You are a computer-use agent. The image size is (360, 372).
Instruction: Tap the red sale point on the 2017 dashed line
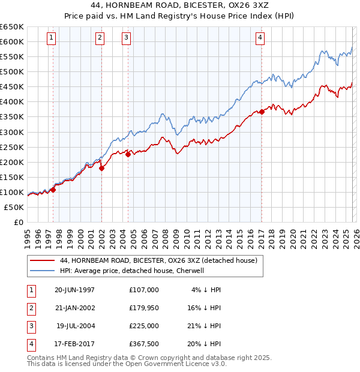[x=262, y=112]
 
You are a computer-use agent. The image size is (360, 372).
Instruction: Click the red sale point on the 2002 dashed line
[x=101, y=169]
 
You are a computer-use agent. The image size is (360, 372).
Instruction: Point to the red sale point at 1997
[x=53, y=190]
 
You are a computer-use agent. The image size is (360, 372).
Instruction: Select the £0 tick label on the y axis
[x=18, y=222]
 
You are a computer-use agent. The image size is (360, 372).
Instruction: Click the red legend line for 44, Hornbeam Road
[x=42, y=260]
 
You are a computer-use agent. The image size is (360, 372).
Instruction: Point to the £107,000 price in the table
[x=144, y=289]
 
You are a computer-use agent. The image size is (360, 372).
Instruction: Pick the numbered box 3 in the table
[x=29, y=326]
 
